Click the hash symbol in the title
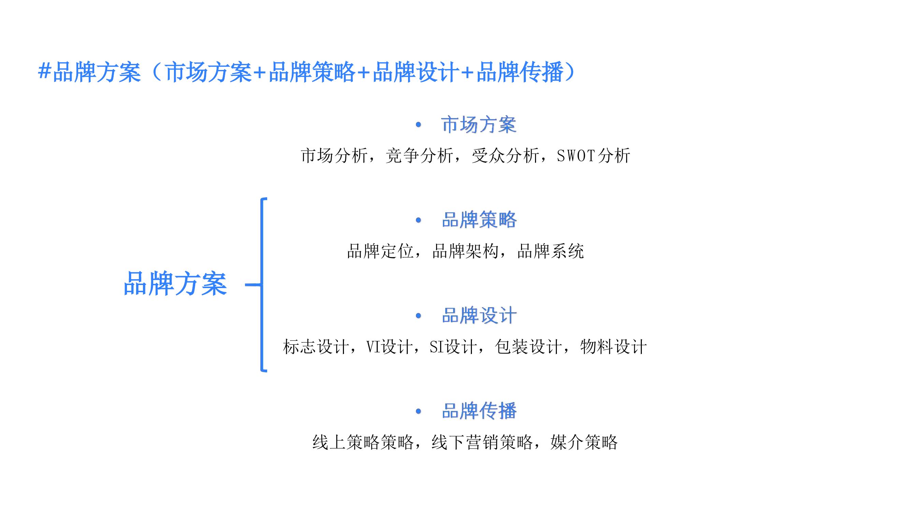coord(44,71)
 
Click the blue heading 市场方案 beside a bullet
coord(479,125)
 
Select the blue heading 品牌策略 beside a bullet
coord(479,220)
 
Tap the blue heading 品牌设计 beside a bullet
coord(479,315)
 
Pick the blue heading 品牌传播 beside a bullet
coord(479,411)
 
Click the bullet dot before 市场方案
coord(419,125)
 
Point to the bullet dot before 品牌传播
coord(419,411)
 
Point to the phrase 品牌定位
coord(380,251)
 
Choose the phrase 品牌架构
coord(465,251)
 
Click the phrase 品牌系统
coord(550,251)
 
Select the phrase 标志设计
coord(316,347)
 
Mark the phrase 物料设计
coord(613,347)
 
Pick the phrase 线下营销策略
coord(482,442)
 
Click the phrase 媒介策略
coord(584,442)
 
